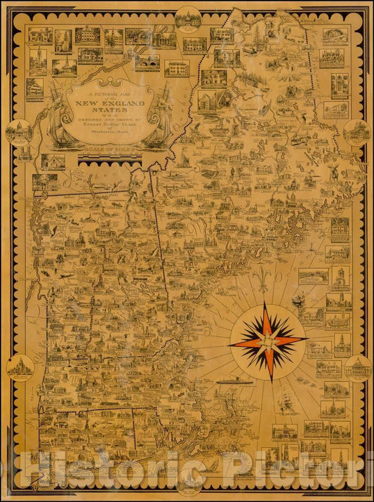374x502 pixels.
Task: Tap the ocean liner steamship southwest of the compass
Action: click(234, 380)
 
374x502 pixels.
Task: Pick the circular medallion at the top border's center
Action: click(187, 17)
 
